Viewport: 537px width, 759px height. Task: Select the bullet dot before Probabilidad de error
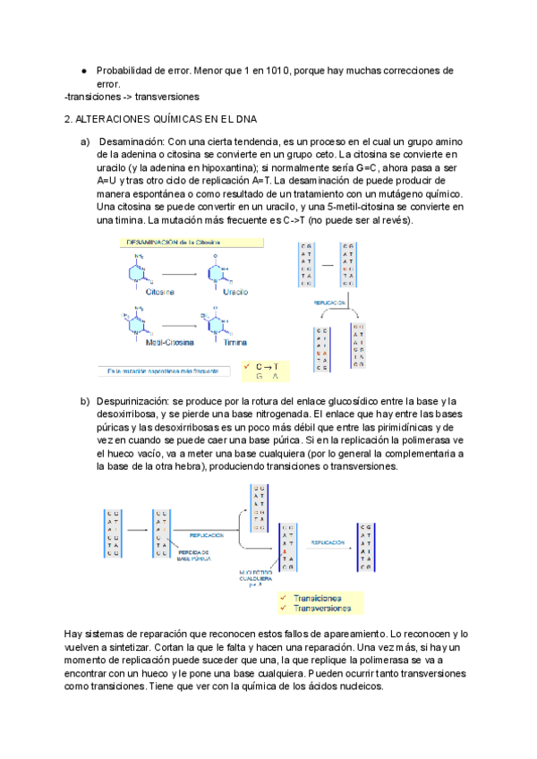(x=83, y=70)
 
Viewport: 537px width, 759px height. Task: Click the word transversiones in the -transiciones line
(x=166, y=96)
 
